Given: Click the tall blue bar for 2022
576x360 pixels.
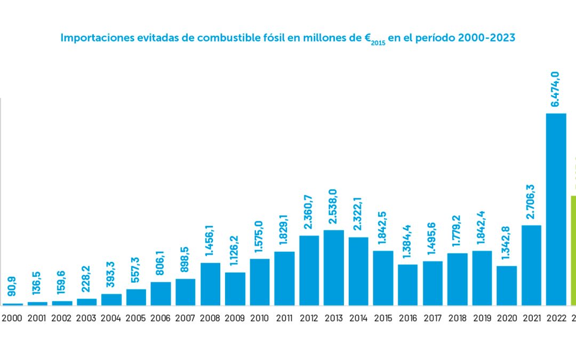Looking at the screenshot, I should pyautogui.click(x=556, y=209).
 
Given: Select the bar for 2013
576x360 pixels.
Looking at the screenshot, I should pyautogui.click(x=334, y=268).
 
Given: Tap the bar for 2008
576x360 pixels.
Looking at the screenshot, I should pyautogui.click(x=210, y=284).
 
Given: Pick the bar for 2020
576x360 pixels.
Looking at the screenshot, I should pyautogui.click(x=507, y=286).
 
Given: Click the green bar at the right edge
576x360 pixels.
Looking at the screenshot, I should pyautogui.click(x=573, y=251).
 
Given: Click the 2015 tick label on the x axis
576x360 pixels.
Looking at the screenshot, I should pyautogui.click(x=383, y=319).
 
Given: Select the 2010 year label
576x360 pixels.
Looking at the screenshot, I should pyautogui.click(x=260, y=319).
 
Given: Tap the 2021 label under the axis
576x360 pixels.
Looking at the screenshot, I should pyautogui.click(x=531, y=319).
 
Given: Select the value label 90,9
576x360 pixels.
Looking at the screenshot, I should pyautogui.click(x=12, y=289).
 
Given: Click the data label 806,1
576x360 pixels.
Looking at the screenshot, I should pyautogui.click(x=160, y=266).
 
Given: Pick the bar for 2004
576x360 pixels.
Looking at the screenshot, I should pyautogui.click(x=111, y=300).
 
